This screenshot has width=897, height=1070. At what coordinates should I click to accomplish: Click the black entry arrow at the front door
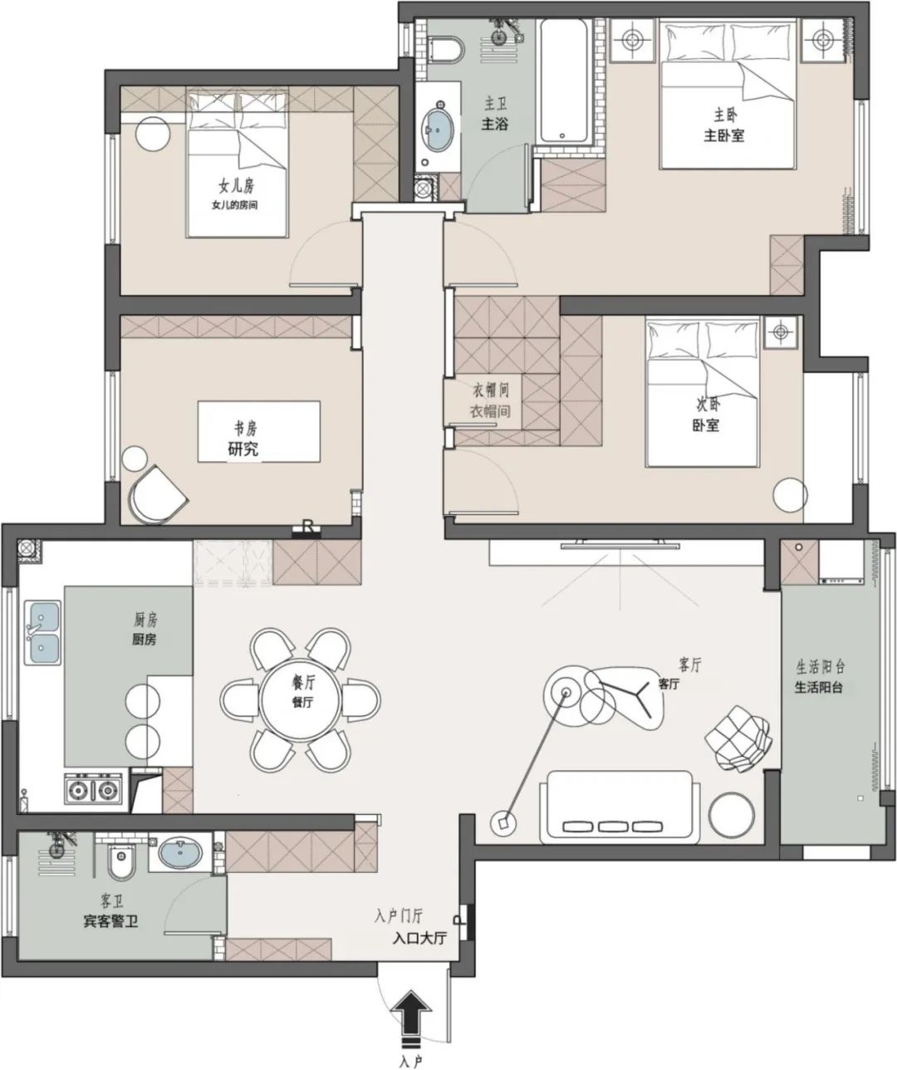point(412,1014)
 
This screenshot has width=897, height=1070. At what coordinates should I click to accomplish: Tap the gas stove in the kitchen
point(94,789)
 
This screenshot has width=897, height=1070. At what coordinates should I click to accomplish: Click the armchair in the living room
point(737,737)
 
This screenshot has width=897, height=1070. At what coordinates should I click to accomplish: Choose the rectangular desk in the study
point(258,431)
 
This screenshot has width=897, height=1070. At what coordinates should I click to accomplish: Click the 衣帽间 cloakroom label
point(490,400)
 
